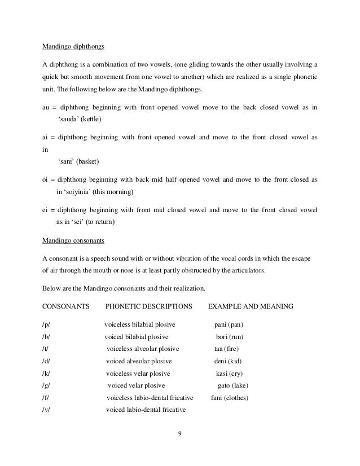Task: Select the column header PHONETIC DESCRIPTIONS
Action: [147, 307]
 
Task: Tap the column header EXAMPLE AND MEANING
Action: [251, 307]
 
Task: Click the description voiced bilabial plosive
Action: [140, 337]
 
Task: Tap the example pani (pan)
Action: [229, 325]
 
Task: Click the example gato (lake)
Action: [233, 386]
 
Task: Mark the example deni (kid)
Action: [228, 361]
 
